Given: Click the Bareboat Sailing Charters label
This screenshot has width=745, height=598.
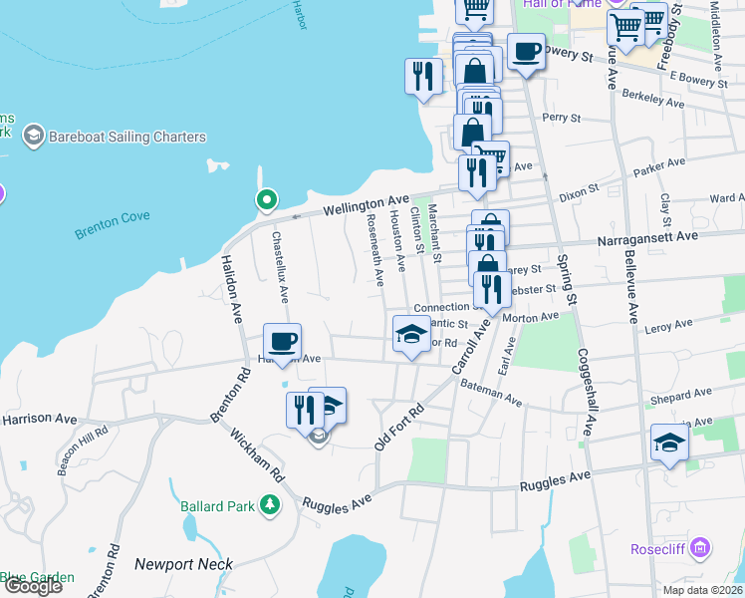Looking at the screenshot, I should click(x=127, y=137).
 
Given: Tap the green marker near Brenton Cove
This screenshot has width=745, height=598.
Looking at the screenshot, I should click(x=266, y=200).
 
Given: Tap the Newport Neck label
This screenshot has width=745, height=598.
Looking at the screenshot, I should click(x=183, y=564).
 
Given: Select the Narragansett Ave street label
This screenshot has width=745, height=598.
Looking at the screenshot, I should click(x=647, y=238).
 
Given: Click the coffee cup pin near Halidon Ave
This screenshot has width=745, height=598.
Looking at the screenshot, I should click(x=283, y=341).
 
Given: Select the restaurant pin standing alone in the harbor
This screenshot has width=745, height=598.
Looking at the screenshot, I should click(x=423, y=76).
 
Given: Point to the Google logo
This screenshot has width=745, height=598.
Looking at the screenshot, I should click(x=32, y=586).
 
